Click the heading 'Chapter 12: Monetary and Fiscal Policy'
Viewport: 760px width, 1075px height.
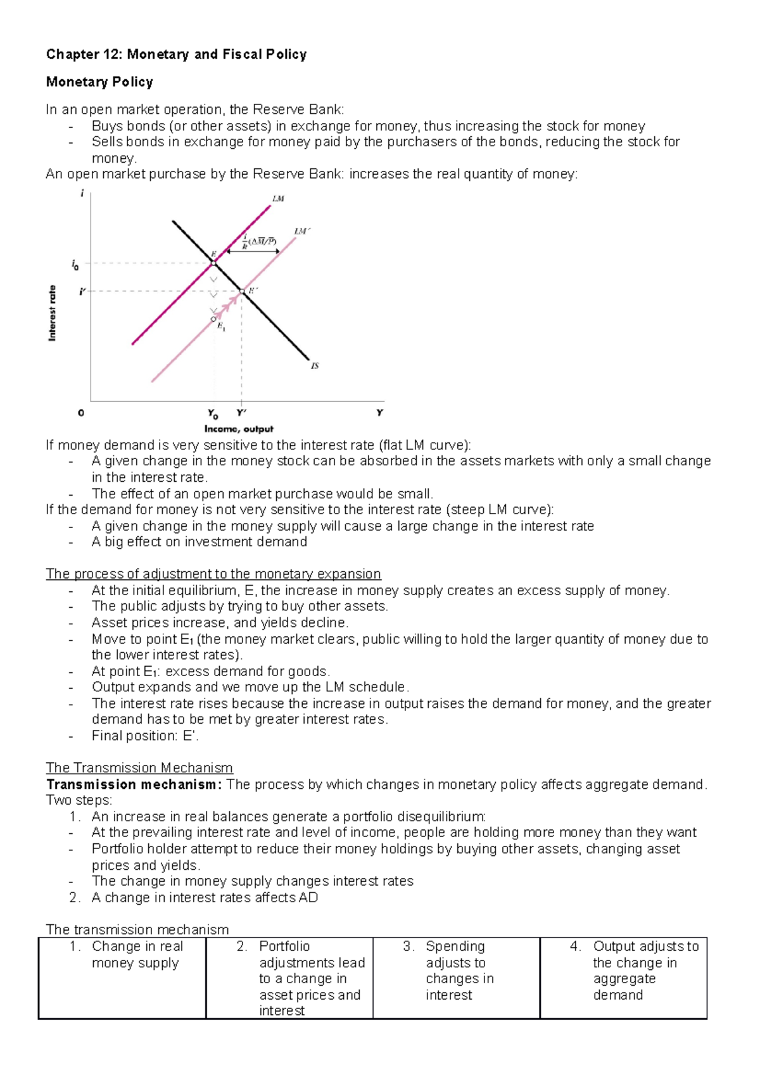pos(176,54)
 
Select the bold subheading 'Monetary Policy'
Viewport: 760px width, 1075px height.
pos(99,82)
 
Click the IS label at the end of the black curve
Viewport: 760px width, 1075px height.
pos(315,366)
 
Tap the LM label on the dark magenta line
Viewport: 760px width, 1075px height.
pos(278,199)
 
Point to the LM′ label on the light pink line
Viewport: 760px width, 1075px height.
pos(301,232)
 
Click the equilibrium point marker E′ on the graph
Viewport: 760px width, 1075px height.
pos(241,292)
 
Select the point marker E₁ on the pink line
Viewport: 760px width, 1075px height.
pos(214,319)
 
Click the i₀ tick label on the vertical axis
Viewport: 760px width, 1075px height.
pos(75,265)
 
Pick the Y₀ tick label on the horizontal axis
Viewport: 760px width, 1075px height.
pos(213,414)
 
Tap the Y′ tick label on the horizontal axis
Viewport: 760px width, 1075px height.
pos(241,413)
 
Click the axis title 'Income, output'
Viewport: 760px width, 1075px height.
pos(239,429)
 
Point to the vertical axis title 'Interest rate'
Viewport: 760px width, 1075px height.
pos(52,313)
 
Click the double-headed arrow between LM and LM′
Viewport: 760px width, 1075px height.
pos(253,251)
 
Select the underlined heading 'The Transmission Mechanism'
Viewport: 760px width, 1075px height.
pos(139,768)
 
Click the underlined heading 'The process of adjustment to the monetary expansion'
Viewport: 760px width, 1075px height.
pos(213,574)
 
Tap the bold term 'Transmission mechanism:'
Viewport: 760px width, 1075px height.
pos(134,784)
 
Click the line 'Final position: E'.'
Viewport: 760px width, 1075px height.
pos(145,736)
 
